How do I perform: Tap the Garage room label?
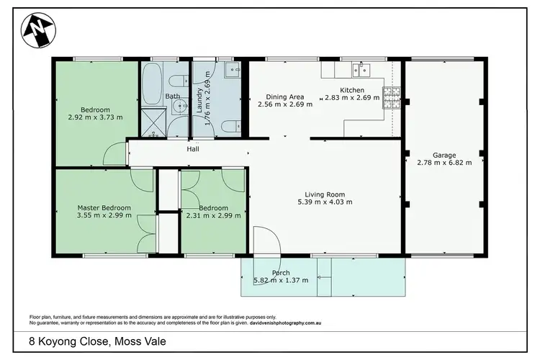coord(444,154)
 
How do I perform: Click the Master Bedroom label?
coord(104,208)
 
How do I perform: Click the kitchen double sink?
coord(360,69)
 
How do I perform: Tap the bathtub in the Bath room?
coord(153,85)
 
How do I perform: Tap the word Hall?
coord(193,150)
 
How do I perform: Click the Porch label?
coord(281,273)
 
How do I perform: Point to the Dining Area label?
coord(284,96)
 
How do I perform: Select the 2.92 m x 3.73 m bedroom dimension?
coord(95,117)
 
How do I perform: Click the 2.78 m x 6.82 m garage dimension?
coord(444,163)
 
